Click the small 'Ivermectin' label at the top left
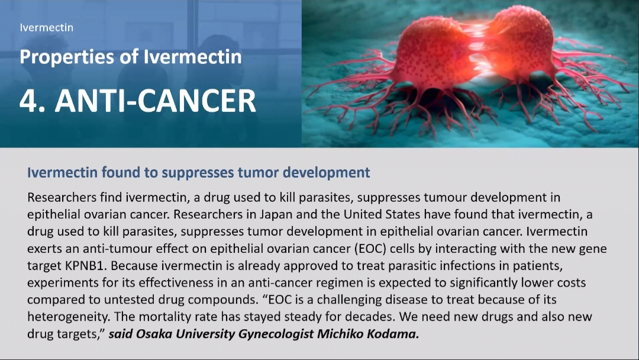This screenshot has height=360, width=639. coord(47,28)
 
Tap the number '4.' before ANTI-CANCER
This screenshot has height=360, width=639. coord(33,101)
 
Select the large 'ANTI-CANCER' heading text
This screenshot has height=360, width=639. coord(155,101)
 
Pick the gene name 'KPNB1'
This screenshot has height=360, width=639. coord(86,266)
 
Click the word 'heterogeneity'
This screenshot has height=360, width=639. coord(68,317)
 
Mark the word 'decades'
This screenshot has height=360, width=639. coord(370,317)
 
